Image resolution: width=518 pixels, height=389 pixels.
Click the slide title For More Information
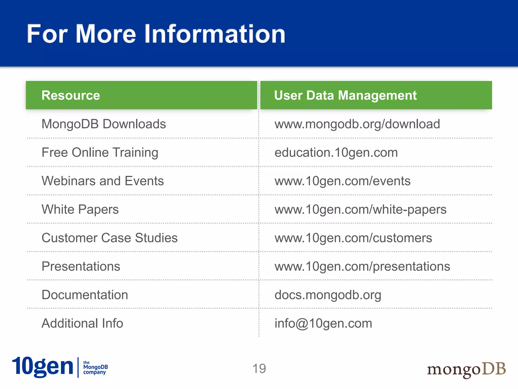156,34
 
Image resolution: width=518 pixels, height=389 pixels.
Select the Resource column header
71,95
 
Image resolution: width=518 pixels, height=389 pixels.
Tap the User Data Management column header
345,95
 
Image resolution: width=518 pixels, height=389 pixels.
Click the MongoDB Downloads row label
104,124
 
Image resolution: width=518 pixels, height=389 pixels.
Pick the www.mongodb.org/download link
357,124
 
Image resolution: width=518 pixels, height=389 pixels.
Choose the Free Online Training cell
100,152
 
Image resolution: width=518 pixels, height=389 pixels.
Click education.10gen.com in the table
336,152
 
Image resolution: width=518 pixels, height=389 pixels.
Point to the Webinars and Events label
103,181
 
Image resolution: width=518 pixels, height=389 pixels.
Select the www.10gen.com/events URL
342,181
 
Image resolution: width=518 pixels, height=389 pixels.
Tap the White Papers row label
80,209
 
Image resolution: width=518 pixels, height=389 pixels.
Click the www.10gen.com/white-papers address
360,209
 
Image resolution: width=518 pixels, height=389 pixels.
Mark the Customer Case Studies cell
110,238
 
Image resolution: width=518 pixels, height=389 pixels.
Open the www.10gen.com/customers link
353,238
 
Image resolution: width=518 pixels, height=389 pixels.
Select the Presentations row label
81,266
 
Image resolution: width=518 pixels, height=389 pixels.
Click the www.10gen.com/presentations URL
362,266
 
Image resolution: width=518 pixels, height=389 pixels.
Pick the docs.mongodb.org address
328,295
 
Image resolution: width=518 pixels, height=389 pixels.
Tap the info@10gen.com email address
323,323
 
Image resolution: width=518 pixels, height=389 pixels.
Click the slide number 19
259,368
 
